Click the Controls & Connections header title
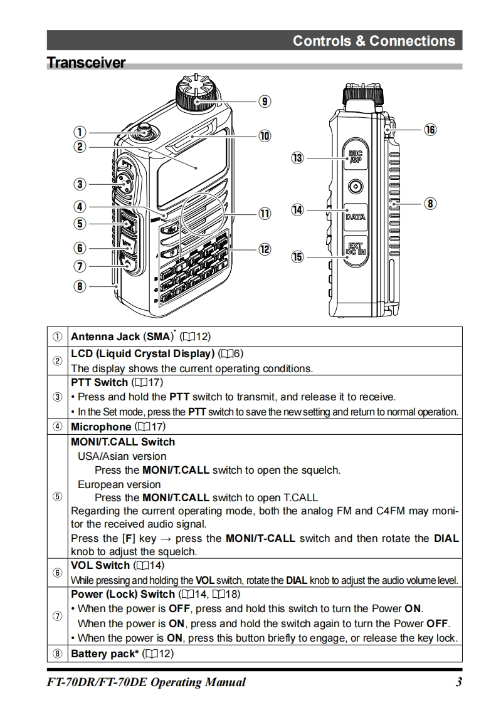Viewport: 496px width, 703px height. pos(374,41)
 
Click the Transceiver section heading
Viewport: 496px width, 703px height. pos(87,63)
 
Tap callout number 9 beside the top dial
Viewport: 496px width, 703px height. pos(265,101)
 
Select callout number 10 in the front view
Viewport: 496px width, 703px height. pos(265,136)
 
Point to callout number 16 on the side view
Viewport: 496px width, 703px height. pos(430,130)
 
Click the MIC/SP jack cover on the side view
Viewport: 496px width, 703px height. pos(356,157)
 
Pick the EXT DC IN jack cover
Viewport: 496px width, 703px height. pos(356,249)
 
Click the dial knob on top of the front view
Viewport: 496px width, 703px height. pos(199,92)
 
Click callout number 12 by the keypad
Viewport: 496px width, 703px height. pos(265,249)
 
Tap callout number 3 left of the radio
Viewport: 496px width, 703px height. pos(79,184)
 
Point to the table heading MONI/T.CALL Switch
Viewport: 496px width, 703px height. pos(123,442)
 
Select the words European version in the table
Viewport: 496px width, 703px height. pos(119,484)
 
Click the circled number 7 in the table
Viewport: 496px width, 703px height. pos(58,616)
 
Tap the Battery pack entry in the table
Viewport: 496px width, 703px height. pos(103,654)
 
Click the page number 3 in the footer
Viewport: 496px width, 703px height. pos(458,682)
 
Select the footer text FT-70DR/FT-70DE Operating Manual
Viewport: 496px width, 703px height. pos(146,682)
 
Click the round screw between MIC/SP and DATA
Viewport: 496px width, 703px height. pos(356,185)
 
